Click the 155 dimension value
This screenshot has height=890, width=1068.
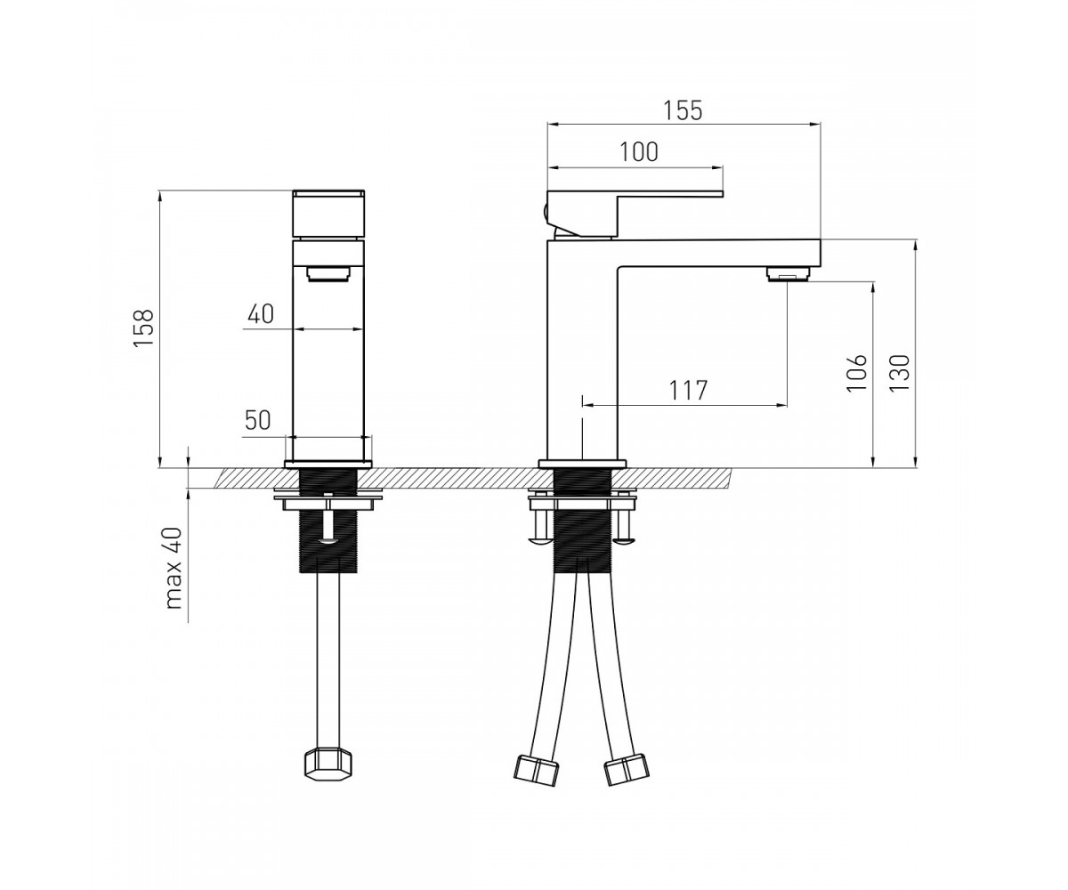683,110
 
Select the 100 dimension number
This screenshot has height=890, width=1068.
639,152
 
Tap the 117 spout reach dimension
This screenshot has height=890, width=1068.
689,391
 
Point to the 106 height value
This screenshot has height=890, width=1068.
857,372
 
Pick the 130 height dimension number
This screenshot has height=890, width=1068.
900,372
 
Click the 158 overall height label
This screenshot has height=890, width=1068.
143,328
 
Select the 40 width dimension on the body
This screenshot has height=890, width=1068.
261,313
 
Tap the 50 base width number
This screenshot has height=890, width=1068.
258,420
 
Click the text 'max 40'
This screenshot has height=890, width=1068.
174,568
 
